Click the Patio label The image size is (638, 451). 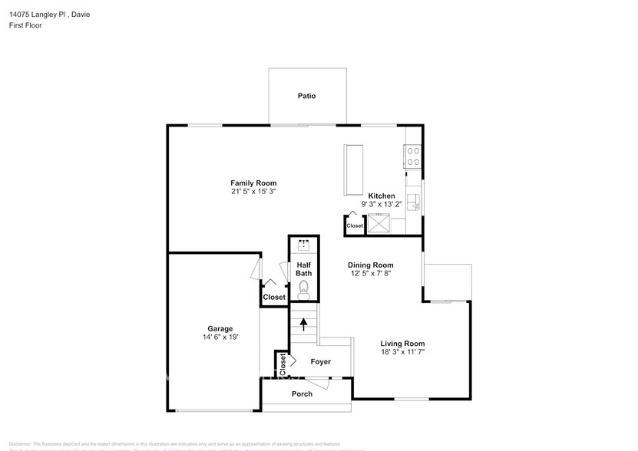(307, 96)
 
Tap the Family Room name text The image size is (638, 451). (253, 183)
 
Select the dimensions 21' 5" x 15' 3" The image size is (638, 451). (253, 192)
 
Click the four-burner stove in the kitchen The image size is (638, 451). (413, 156)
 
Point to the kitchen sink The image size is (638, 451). (414, 202)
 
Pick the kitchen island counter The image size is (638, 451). (354, 169)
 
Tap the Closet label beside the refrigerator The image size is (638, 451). (355, 226)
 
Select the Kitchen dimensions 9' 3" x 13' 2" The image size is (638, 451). (382, 205)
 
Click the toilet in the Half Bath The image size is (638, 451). (304, 288)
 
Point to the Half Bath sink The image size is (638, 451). (304, 246)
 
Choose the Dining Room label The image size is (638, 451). (370, 265)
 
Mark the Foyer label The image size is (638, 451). (321, 361)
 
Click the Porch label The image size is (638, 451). (302, 394)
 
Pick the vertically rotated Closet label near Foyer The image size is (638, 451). (283, 361)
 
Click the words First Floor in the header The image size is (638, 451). (26, 25)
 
